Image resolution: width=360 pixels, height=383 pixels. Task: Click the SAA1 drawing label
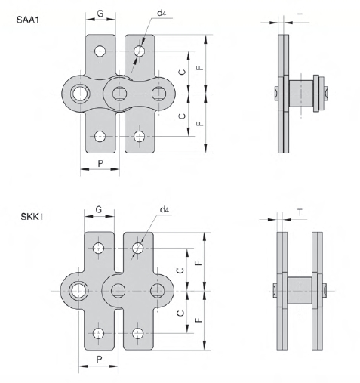tap(28, 20)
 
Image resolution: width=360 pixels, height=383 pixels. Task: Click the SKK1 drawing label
tap(32, 217)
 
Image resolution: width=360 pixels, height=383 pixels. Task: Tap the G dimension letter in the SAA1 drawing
tap(100, 14)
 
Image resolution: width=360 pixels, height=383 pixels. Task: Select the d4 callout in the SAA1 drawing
tap(162, 13)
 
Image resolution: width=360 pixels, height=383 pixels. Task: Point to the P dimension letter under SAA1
tap(100, 164)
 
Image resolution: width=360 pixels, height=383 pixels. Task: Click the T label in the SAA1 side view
tap(300, 17)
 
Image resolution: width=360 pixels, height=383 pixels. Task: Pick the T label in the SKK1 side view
tap(300, 213)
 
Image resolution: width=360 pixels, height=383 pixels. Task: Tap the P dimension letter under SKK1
tap(100, 360)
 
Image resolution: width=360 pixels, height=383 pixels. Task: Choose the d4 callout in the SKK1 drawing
tap(165, 210)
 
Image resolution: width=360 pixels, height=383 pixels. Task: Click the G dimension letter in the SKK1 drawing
tap(99, 209)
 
